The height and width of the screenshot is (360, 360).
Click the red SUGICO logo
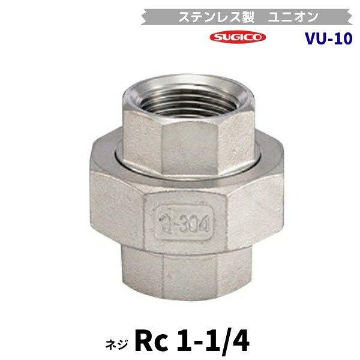(238, 37)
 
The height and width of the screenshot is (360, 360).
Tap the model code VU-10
(329, 38)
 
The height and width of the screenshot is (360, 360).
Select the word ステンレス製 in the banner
(217, 17)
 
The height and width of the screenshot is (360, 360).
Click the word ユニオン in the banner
(293, 17)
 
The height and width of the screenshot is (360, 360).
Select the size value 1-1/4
(213, 341)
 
